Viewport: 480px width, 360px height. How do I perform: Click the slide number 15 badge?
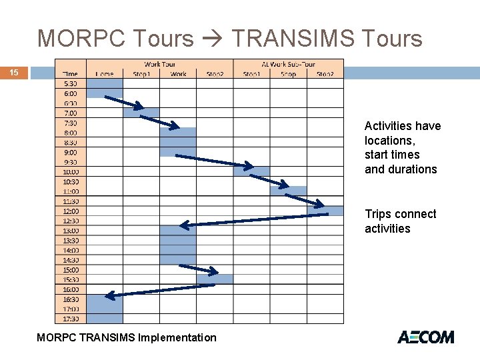(x=14, y=72)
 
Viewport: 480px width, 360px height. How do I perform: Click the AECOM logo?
(x=425, y=337)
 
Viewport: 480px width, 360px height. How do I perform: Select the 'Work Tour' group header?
(x=159, y=64)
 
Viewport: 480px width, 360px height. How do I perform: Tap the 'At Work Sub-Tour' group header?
(x=288, y=64)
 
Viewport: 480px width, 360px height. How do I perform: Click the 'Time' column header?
(x=70, y=73)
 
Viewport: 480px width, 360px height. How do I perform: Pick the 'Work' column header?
(x=178, y=73)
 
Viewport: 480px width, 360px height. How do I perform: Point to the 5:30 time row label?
(x=70, y=83)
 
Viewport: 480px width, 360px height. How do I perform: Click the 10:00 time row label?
(x=70, y=172)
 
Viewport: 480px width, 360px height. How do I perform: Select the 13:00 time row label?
(x=70, y=231)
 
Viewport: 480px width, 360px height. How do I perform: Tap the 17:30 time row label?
(x=70, y=319)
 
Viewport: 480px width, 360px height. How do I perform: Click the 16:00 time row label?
(x=70, y=289)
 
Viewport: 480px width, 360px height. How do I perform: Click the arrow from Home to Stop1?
(x=124, y=102)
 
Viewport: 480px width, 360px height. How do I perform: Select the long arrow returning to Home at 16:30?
(x=160, y=290)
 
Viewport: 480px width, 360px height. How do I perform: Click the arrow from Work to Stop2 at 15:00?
(x=199, y=269)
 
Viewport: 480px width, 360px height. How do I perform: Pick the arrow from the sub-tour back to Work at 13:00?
(x=253, y=220)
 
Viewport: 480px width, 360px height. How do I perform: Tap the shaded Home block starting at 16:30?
(x=105, y=309)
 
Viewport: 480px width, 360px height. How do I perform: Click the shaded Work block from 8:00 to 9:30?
(x=178, y=142)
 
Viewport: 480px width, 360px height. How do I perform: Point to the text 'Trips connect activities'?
(x=400, y=221)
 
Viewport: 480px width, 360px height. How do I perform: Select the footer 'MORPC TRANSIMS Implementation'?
(x=127, y=337)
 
